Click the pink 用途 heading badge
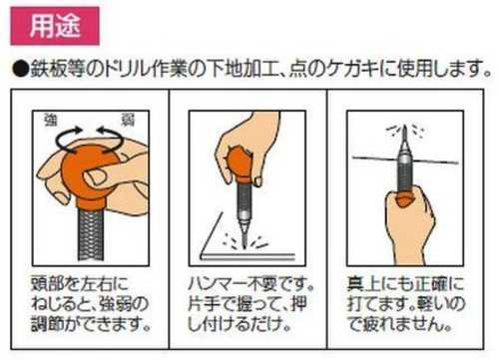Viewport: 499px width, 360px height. point(55,26)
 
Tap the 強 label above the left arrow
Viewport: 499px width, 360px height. point(51,120)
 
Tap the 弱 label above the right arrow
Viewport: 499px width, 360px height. point(128,120)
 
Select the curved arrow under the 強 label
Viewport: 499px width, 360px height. point(69,140)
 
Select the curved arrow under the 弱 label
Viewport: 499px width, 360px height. point(110,140)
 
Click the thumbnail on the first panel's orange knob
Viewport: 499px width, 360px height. point(95,178)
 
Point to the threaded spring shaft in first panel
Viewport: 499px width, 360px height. point(91,234)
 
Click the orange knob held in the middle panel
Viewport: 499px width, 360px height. point(240,164)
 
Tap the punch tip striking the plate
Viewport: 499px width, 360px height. point(244,236)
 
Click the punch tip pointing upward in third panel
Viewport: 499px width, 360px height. point(405,137)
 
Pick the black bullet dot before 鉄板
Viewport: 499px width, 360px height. point(21,70)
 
